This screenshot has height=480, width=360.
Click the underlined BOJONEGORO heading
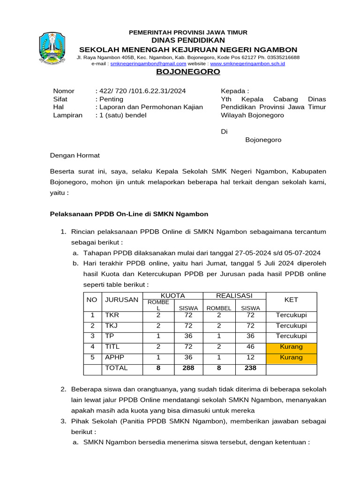tap(188, 72)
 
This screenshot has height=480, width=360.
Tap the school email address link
tap(148, 63)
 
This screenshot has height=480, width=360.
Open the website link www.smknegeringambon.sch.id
tap(247, 63)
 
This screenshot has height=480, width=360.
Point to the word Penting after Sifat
tap(111, 99)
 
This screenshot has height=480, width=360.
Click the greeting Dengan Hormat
tap(75, 155)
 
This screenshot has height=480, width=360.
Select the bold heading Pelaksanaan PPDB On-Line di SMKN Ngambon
tap(129, 214)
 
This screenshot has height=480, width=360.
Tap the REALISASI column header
tap(234, 295)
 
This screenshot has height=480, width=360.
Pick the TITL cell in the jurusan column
tap(112, 347)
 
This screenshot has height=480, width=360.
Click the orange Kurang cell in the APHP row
tap(291, 358)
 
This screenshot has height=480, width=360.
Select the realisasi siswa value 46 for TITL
tap(250, 347)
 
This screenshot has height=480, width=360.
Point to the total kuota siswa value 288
tap(188, 368)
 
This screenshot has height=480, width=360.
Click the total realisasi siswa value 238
tap(250, 368)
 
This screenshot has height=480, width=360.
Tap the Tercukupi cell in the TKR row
tap(291, 315)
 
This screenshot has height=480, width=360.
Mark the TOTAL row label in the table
tap(116, 368)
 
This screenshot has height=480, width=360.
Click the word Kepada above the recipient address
tap(234, 91)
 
